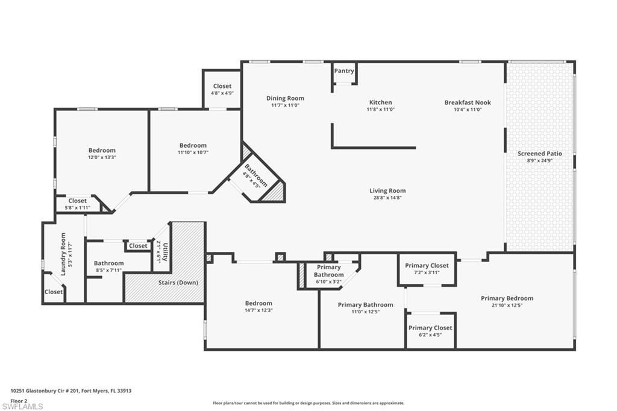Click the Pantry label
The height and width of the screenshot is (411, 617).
344,71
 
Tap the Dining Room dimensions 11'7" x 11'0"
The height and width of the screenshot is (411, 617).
285,105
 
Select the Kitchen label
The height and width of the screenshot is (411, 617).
380,102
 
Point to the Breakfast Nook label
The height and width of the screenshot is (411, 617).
468,102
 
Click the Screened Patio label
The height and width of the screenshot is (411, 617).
540,154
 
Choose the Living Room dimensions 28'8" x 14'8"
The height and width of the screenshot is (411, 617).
387,198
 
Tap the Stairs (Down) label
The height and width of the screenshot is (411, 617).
178,283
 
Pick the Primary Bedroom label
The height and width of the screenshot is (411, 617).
507,298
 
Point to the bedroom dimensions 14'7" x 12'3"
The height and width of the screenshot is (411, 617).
258,310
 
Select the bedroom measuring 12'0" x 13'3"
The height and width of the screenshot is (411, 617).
102,151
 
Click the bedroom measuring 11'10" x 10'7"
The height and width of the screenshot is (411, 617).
193,145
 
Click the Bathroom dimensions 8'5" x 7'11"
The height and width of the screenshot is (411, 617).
108,270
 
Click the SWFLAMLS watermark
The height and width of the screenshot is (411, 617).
22,406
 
